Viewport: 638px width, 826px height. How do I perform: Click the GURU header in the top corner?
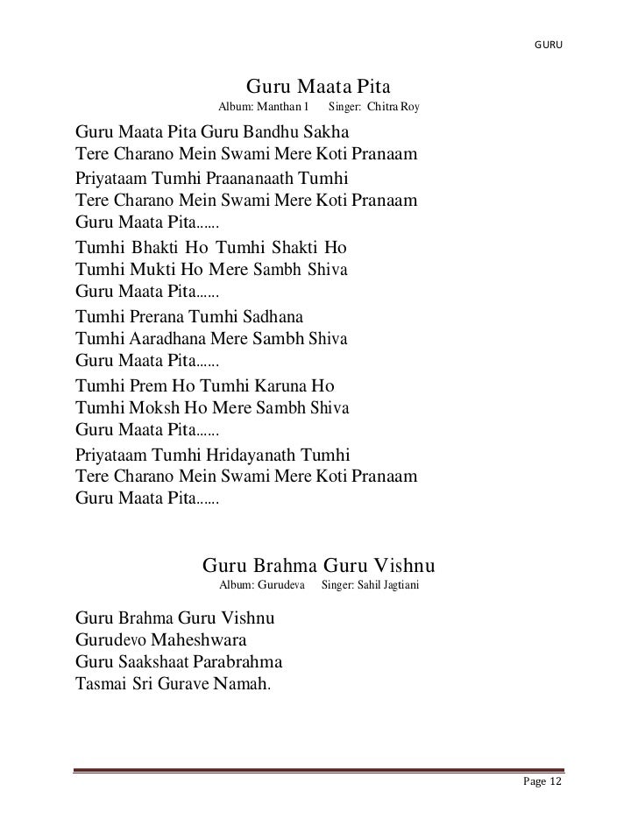(x=548, y=44)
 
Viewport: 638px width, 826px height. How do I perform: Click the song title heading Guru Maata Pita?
(x=318, y=88)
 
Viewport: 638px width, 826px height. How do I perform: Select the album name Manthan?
(x=277, y=108)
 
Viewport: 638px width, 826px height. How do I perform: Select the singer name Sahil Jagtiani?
(x=386, y=583)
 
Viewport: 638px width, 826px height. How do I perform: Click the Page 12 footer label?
(x=541, y=781)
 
